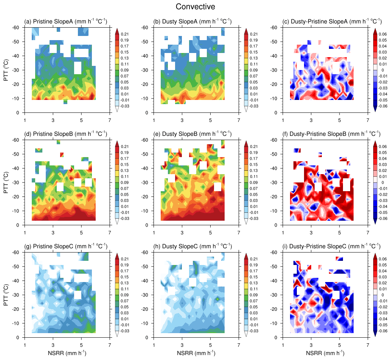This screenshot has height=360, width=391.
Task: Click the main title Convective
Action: tap(195, 7)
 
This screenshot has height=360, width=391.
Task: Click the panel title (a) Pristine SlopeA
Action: tap(65, 22)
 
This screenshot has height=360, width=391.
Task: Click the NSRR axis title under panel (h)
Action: tap(196, 353)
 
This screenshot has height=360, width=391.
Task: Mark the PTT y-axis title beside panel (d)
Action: tap(6, 182)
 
